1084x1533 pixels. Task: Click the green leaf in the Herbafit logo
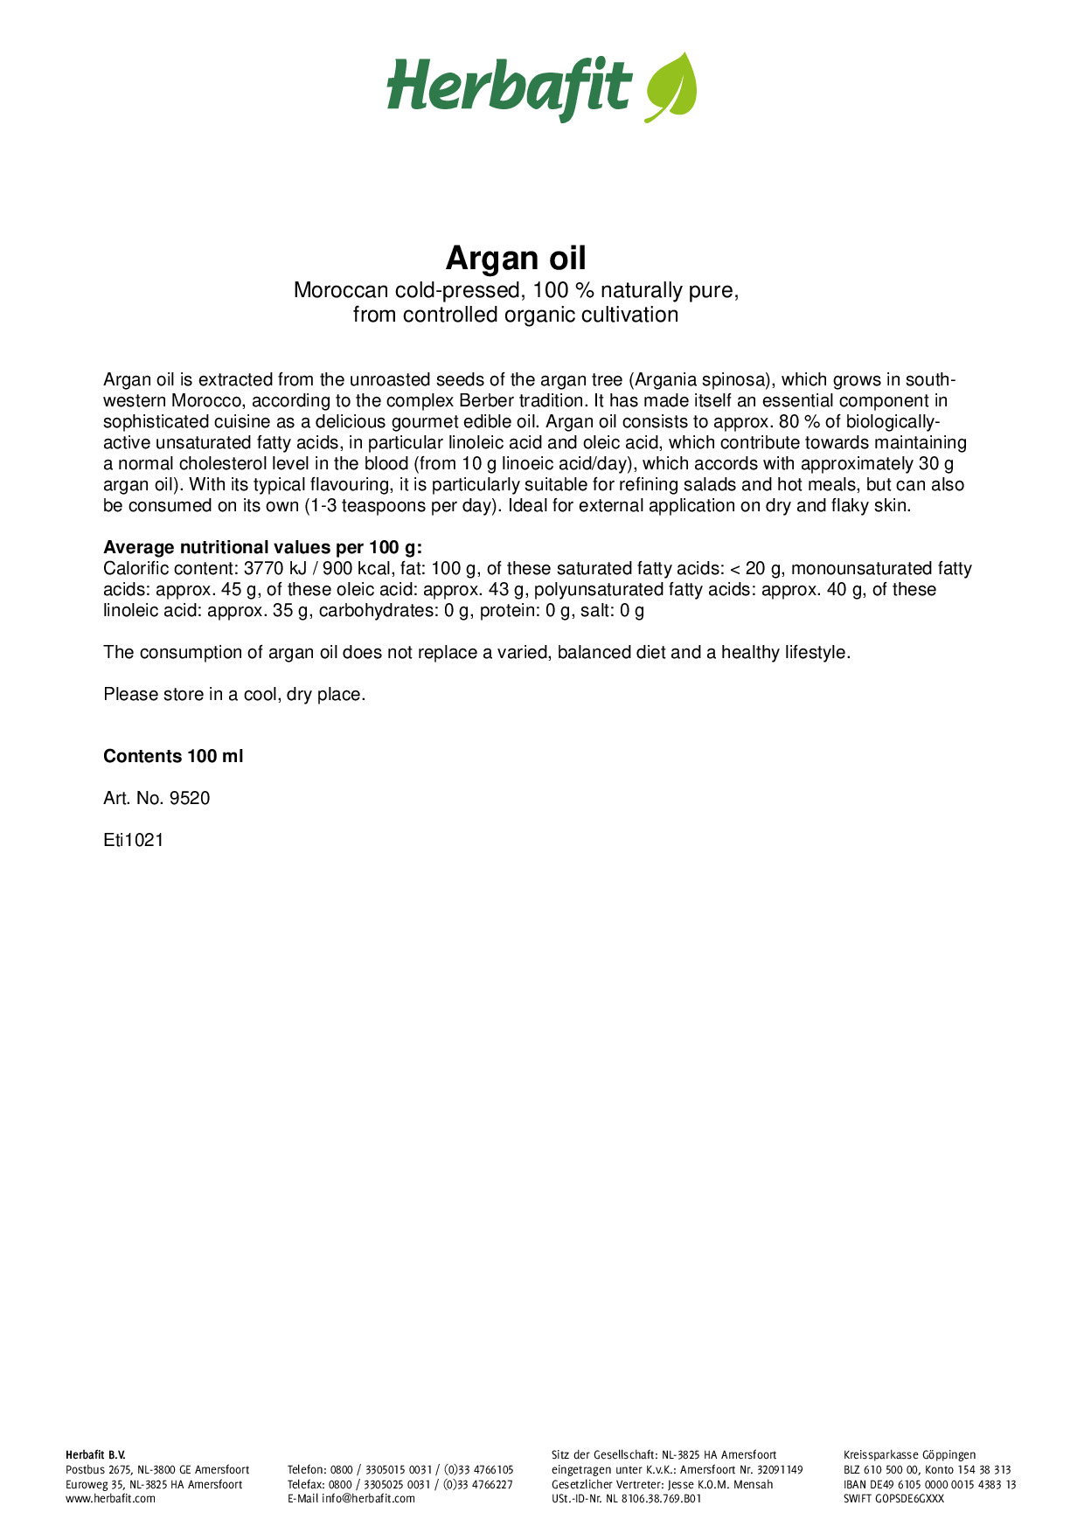[671, 86]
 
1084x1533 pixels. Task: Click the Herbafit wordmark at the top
[509, 87]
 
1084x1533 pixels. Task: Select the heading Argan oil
[516, 258]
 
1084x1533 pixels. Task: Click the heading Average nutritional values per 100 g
[262, 547]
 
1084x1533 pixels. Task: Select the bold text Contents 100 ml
[173, 756]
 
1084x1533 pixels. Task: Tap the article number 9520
[190, 798]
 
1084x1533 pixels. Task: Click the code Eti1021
[134, 840]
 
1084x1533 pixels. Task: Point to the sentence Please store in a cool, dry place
[234, 694]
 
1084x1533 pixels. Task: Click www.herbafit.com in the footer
[110, 1498]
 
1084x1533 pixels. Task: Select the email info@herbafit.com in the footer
[368, 1498]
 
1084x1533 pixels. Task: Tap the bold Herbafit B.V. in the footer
[95, 1454]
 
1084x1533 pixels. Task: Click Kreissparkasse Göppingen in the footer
[909, 1454]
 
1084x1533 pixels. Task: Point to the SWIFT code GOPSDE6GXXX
[909, 1498]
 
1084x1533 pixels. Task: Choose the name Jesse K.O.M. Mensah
[720, 1484]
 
